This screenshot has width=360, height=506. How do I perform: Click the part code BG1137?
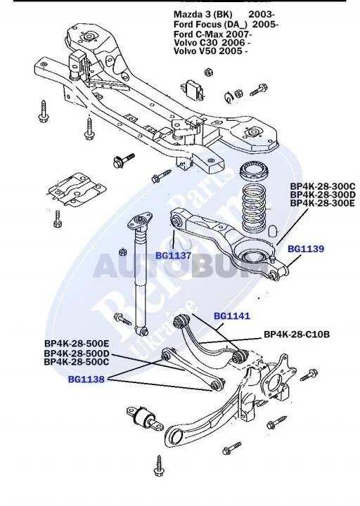[x=174, y=256]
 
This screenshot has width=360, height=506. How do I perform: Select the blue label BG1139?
[x=306, y=249]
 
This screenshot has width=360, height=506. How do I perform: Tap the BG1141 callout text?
[x=232, y=316]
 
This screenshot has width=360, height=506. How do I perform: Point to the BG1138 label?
[x=86, y=379]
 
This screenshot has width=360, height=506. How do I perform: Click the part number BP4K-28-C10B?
[x=297, y=335]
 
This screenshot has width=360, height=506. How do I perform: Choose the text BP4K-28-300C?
[x=323, y=186]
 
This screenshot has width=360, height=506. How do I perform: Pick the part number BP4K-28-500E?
[x=77, y=344]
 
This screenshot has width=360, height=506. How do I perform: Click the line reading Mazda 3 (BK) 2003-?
[x=224, y=15]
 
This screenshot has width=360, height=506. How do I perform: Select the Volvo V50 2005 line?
[x=210, y=51]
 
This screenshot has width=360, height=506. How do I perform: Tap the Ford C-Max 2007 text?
[x=213, y=34]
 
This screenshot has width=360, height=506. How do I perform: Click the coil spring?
[x=254, y=208]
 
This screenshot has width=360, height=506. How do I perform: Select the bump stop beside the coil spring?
[x=274, y=230]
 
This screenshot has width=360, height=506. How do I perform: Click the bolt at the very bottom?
[x=159, y=466]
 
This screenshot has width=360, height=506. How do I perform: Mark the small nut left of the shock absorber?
[x=122, y=252]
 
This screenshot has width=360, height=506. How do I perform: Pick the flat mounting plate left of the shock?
[x=76, y=190]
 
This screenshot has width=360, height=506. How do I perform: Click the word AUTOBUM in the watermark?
[x=181, y=266]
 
